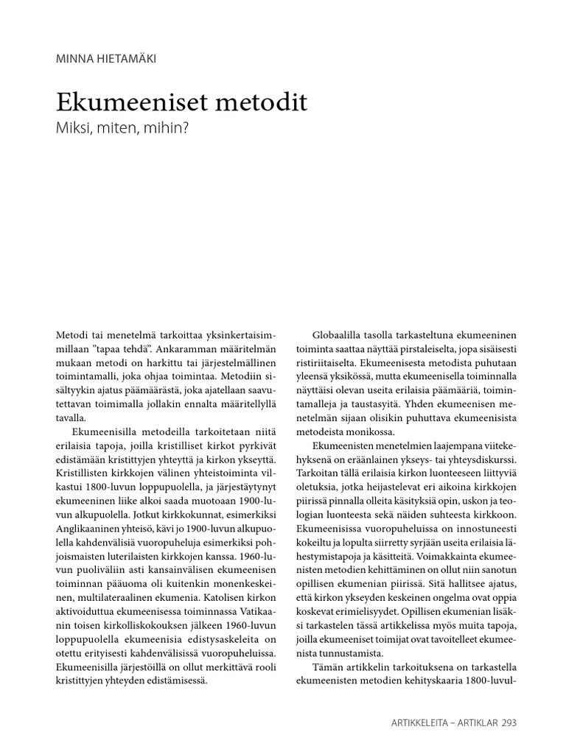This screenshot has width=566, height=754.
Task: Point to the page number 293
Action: [509, 722]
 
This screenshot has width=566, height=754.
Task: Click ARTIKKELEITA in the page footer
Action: [419, 722]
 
